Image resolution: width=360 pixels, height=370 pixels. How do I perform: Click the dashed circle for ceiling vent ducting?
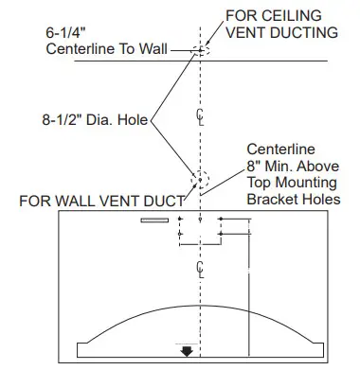point(201,49)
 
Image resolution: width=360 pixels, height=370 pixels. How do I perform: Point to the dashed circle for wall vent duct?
point(201,180)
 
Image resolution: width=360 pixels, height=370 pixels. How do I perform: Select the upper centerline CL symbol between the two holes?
point(200,115)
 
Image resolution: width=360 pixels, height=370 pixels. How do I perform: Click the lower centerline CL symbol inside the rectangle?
point(200,268)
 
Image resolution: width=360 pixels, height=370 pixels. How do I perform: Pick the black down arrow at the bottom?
point(188,351)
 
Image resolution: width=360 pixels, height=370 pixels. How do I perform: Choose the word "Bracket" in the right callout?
point(269,201)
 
